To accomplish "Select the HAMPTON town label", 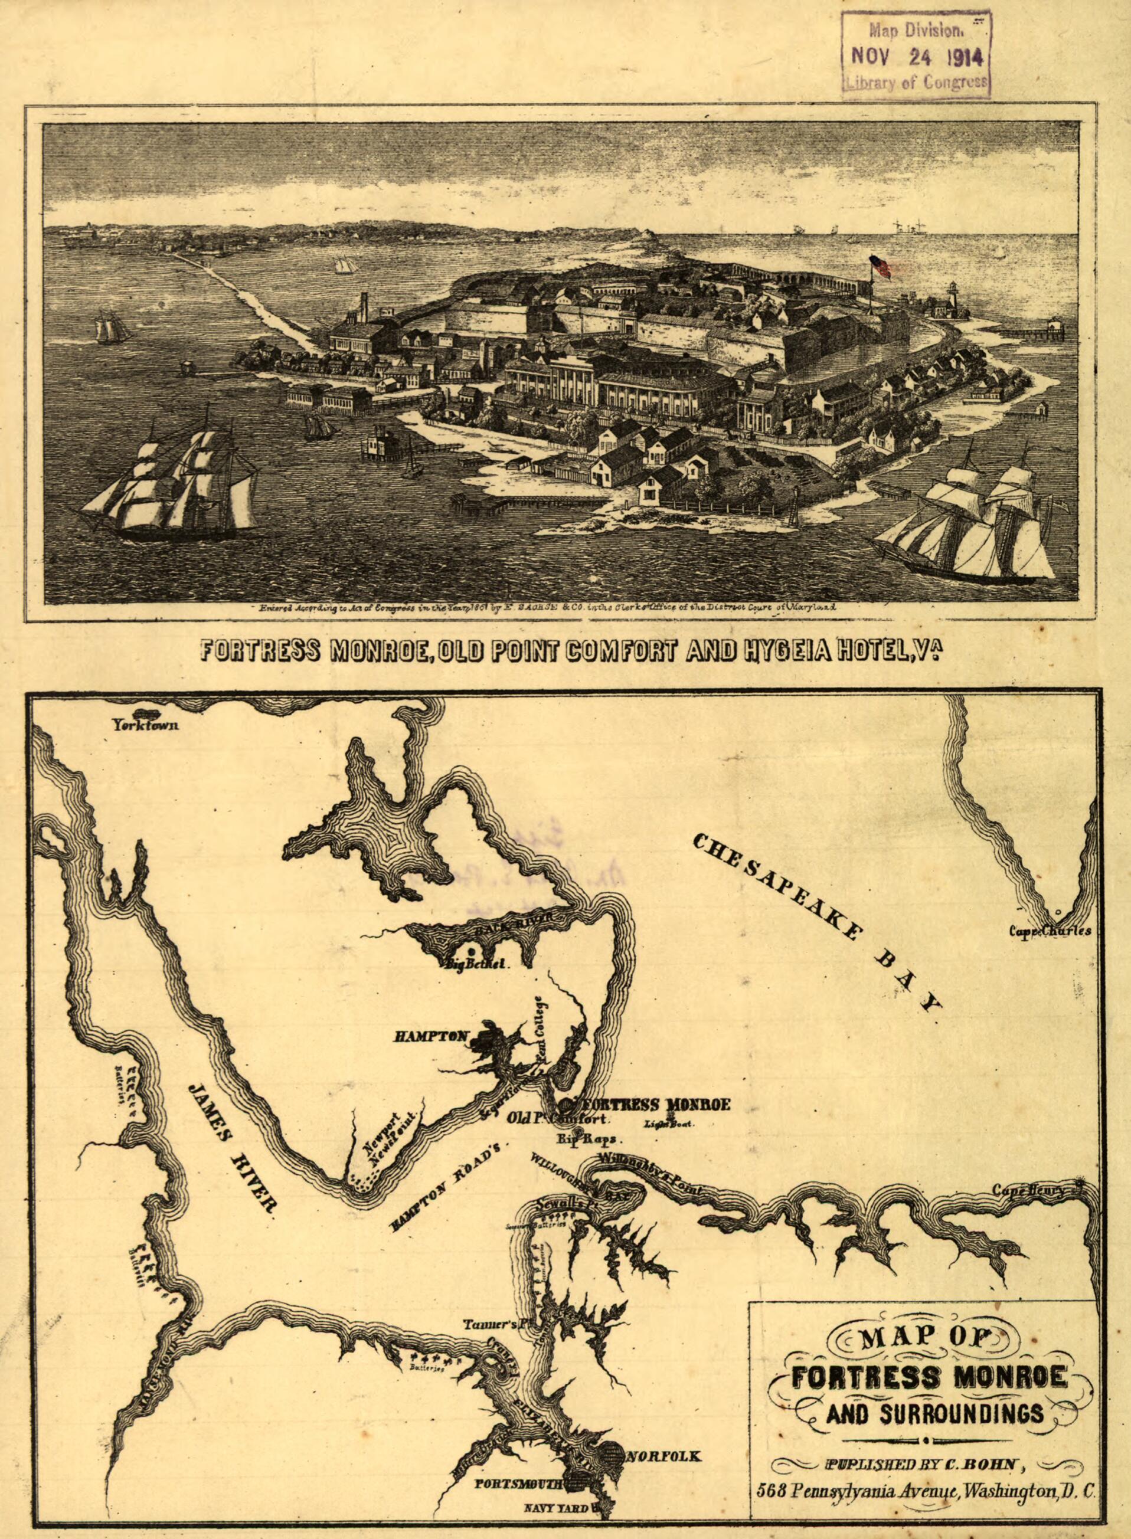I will [x=430, y=1036].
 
